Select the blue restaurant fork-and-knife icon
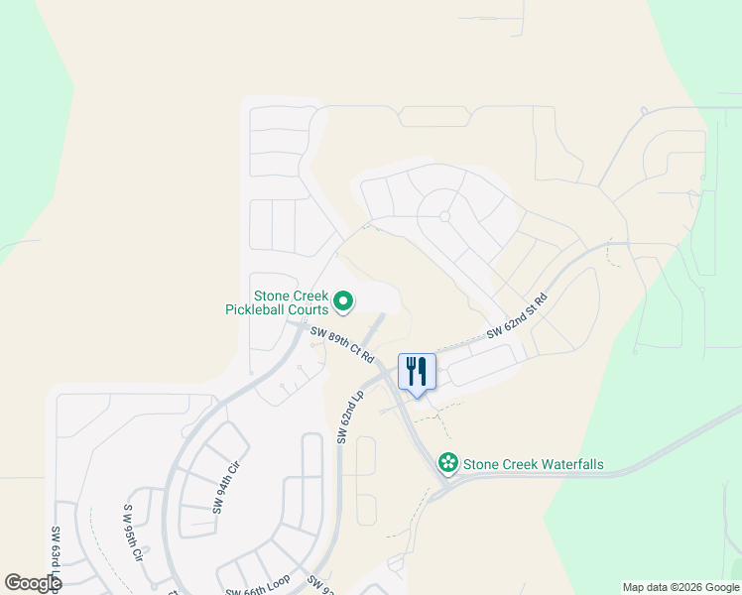tap(417, 371)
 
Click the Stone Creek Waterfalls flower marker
tap(448, 463)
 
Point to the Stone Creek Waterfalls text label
tap(534, 464)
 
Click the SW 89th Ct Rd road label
tap(341, 344)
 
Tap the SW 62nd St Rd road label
tap(517, 317)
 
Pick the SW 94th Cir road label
tap(225, 487)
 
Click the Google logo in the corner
tap(32, 583)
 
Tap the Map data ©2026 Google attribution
tap(680, 587)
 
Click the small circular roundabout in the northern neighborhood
tap(444, 216)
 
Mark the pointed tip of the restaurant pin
tap(417, 397)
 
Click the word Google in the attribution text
tap(718, 587)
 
